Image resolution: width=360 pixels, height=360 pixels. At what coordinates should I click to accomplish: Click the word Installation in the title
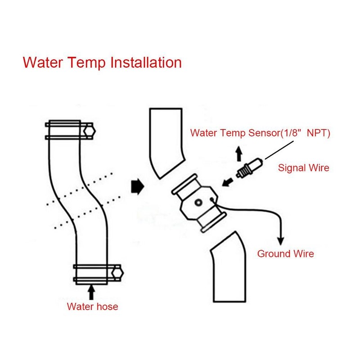point(145,62)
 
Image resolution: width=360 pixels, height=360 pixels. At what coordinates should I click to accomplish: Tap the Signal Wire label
point(304,168)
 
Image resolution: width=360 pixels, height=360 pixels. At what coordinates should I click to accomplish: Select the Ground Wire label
point(285,254)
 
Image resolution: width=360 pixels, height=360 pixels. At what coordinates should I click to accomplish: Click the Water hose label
point(92,307)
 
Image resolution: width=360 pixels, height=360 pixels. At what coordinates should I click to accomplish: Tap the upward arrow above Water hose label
point(92,292)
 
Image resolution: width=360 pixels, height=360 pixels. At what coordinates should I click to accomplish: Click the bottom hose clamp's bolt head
point(118,273)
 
